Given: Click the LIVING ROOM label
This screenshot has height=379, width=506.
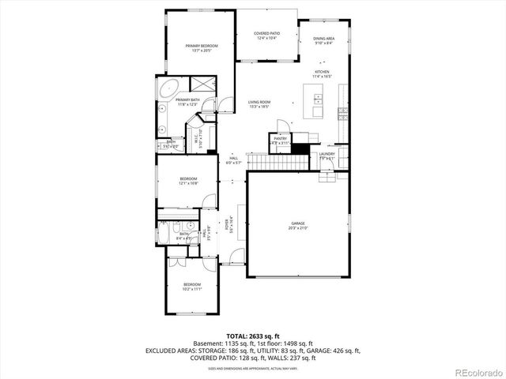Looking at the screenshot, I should (259, 103).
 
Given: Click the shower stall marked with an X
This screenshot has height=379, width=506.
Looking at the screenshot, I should (202, 84).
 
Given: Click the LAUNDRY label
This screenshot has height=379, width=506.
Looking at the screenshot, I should (327, 156).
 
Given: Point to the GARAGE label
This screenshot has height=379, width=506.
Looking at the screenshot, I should (297, 226).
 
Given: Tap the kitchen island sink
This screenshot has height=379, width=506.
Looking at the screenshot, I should (318, 99).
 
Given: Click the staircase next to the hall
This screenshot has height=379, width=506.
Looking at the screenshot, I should (274, 162).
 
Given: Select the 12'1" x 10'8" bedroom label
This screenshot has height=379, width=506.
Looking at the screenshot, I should (187, 181).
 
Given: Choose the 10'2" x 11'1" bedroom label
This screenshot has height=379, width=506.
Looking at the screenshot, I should (192, 286).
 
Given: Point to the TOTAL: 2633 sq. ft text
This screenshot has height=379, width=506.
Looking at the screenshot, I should (253, 336).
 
